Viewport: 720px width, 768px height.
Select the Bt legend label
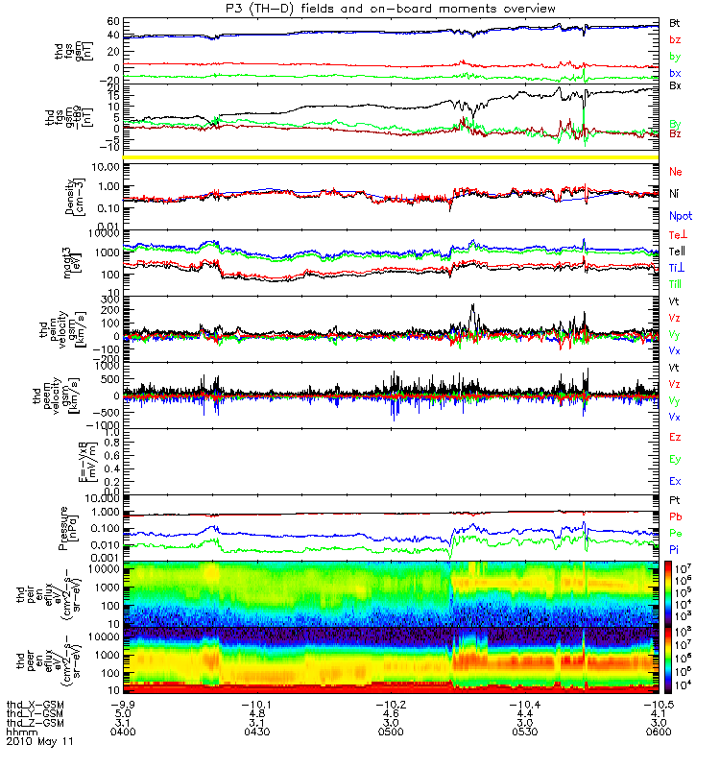tap(676, 22)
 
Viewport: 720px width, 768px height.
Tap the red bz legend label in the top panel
tap(676, 39)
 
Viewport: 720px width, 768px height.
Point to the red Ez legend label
tap(676, 437)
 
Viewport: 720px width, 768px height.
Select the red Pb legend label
tap(676, 516)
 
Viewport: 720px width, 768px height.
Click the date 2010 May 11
tap(38, 741)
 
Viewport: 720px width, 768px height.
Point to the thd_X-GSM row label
tap(36, 704)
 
